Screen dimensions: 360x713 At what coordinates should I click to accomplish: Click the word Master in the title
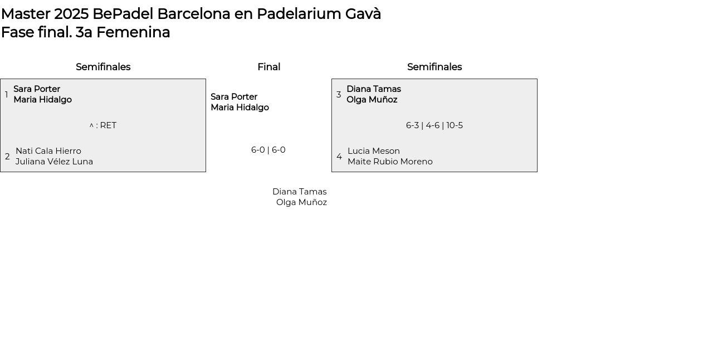[26, 14]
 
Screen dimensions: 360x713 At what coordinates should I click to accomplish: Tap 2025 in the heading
[71, 14]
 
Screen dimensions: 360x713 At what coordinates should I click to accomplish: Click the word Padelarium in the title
[299, 14]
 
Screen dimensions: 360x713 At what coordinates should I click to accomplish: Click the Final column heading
[268, 67]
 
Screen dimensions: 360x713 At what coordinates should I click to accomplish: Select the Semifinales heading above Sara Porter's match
[103, 67]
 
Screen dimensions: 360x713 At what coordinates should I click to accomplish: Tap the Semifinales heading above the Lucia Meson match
[434, 67]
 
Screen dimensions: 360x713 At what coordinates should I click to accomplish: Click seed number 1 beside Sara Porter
[7, 95]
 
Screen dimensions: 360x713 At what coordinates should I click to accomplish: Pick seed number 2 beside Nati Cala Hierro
[7, 157]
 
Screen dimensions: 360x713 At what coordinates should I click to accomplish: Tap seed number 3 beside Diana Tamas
[339, 95]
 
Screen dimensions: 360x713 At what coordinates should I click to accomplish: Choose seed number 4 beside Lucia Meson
[339, 157]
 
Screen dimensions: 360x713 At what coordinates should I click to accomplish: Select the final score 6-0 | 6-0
[268, 150]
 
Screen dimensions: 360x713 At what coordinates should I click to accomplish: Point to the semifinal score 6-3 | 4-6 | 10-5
[434, 125]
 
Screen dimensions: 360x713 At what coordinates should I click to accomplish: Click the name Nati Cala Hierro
[48, 151]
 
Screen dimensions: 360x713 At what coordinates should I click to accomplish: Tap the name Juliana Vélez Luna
[54, 162]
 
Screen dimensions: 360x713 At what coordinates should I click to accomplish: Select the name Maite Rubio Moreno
[390, 162]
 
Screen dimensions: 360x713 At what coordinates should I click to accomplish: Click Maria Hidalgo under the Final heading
[240, 108]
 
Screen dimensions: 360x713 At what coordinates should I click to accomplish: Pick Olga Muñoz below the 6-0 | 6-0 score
[301, 202]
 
